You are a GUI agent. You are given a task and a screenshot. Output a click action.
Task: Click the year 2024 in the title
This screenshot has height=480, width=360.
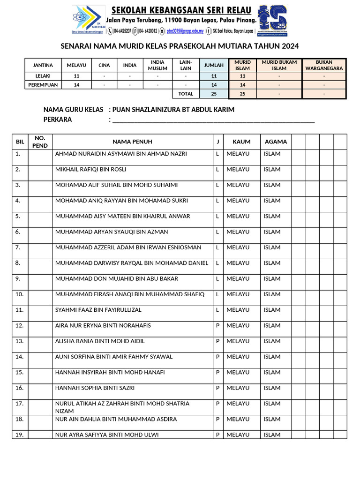(289, 46)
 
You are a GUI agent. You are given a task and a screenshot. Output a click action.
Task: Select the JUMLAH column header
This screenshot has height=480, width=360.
(214, 65)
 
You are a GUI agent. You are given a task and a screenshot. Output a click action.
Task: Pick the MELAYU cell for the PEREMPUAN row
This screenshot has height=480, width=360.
(76, 85)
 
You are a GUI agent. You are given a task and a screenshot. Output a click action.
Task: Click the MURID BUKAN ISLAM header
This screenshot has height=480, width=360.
(279, 65)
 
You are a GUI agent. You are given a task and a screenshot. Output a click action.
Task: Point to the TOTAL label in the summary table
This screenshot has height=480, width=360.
(186, 94)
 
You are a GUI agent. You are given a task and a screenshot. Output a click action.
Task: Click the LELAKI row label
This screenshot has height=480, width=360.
(43, 75)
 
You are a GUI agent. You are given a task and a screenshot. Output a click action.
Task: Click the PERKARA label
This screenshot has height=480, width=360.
(58, 120)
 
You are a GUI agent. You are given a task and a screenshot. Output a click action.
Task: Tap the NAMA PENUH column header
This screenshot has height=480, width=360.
(132, 142)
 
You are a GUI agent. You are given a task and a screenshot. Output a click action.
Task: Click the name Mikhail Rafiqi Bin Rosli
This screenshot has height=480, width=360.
(91, 169)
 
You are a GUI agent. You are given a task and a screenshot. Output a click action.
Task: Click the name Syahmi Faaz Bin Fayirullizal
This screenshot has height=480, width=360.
(98, 310)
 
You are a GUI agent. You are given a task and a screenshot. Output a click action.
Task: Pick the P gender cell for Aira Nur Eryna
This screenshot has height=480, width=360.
(217, 325)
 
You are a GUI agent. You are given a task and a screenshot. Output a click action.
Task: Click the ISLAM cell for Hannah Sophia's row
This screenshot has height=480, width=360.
(272, 388)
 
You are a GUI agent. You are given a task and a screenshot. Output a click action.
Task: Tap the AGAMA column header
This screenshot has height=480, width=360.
(276, 142)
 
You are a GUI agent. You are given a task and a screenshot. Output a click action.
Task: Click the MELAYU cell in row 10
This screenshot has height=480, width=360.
(238, 294)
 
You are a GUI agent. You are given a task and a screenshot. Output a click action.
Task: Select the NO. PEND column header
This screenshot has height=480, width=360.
(40, 142)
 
